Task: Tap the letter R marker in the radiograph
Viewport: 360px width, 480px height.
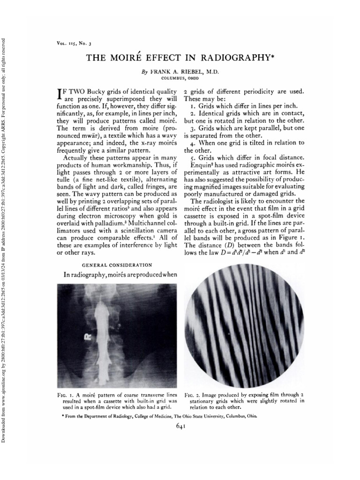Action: click(87, 337)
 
